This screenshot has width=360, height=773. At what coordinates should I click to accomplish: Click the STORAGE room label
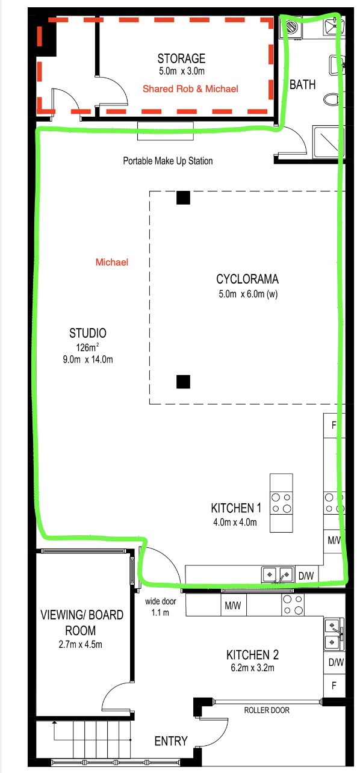click(x=181, y=58)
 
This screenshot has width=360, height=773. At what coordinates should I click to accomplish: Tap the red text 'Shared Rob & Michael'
click(x=190, y=89)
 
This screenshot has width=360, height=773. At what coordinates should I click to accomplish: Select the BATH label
click(x=302, y=84)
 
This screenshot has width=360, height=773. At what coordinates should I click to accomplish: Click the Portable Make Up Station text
click(x=168, y=161)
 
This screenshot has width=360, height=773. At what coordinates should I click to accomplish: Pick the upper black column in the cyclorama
click(x=183, y=197)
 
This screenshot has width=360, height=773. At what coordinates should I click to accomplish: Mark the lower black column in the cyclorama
click(x=183, y=382)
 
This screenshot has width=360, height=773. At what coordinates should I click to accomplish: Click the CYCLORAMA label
click(x=247, y=279)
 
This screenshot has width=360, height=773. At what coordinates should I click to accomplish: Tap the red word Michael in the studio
click(x=112, y=262)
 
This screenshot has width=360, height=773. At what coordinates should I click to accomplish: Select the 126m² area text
click(x=88, y=347)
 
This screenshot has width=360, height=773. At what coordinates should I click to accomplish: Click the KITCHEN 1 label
click(x=236, y=508)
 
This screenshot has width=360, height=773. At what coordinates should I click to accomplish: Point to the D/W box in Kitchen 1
click(x=306, y=576)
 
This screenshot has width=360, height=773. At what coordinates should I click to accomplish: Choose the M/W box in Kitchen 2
click(x=234, y=605)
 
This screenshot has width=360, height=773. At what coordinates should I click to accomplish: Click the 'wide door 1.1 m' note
click(x=161, y=607)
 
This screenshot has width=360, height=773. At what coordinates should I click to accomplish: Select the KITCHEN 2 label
click(x=252, y=654)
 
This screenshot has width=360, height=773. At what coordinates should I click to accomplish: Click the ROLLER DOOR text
click(x=267, y=710)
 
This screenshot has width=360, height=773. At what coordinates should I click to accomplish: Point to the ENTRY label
click(x=171, y=741)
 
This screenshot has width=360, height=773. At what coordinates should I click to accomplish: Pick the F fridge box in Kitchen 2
click(x=334, y=686)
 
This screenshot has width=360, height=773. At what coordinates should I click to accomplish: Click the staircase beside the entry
click(x=92, y=739)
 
